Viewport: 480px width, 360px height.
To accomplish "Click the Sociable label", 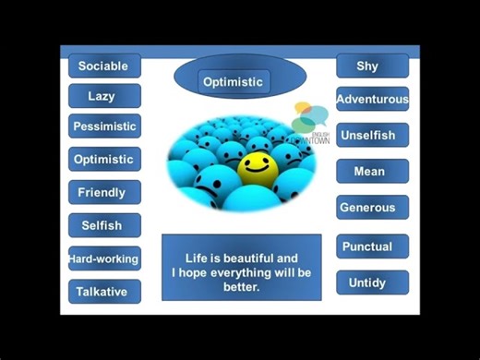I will [x=104, y=66].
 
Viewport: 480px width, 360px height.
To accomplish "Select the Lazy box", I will [x=104, y=96].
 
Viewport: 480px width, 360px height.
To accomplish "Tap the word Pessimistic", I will [x=104, y=126].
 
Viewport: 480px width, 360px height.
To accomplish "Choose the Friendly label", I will [x=104, y=192].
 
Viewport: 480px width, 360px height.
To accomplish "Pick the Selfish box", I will [x=104, y=225].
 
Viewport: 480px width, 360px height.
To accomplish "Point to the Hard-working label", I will [x=104, y=259].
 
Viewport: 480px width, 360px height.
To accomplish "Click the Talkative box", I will [x=104, y=292].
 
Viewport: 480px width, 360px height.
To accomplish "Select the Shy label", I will [x=371, y=66].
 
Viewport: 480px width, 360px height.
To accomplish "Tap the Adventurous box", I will [x=372, y=99].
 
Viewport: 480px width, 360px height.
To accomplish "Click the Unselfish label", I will [x=371, y=135].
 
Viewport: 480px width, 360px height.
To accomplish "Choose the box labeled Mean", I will [x=371, y=171].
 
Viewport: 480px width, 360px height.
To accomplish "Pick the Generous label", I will [x=371, y=208].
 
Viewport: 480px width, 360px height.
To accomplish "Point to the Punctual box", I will [x=371, y=246].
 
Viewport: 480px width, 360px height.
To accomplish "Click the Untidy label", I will [x=371, y=283].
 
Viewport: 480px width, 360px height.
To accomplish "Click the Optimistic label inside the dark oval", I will [x=234, y=82].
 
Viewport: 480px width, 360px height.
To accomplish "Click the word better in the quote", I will [x=241, y=287].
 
